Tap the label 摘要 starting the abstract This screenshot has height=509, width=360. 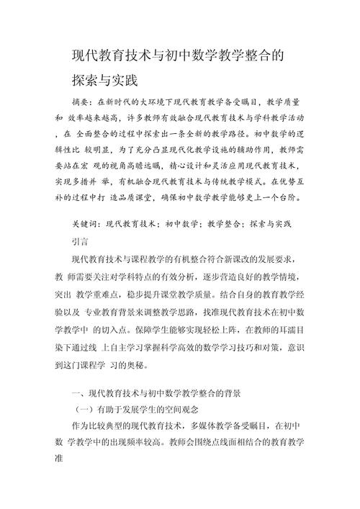pos(81,102)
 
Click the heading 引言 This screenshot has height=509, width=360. pos(80,239)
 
